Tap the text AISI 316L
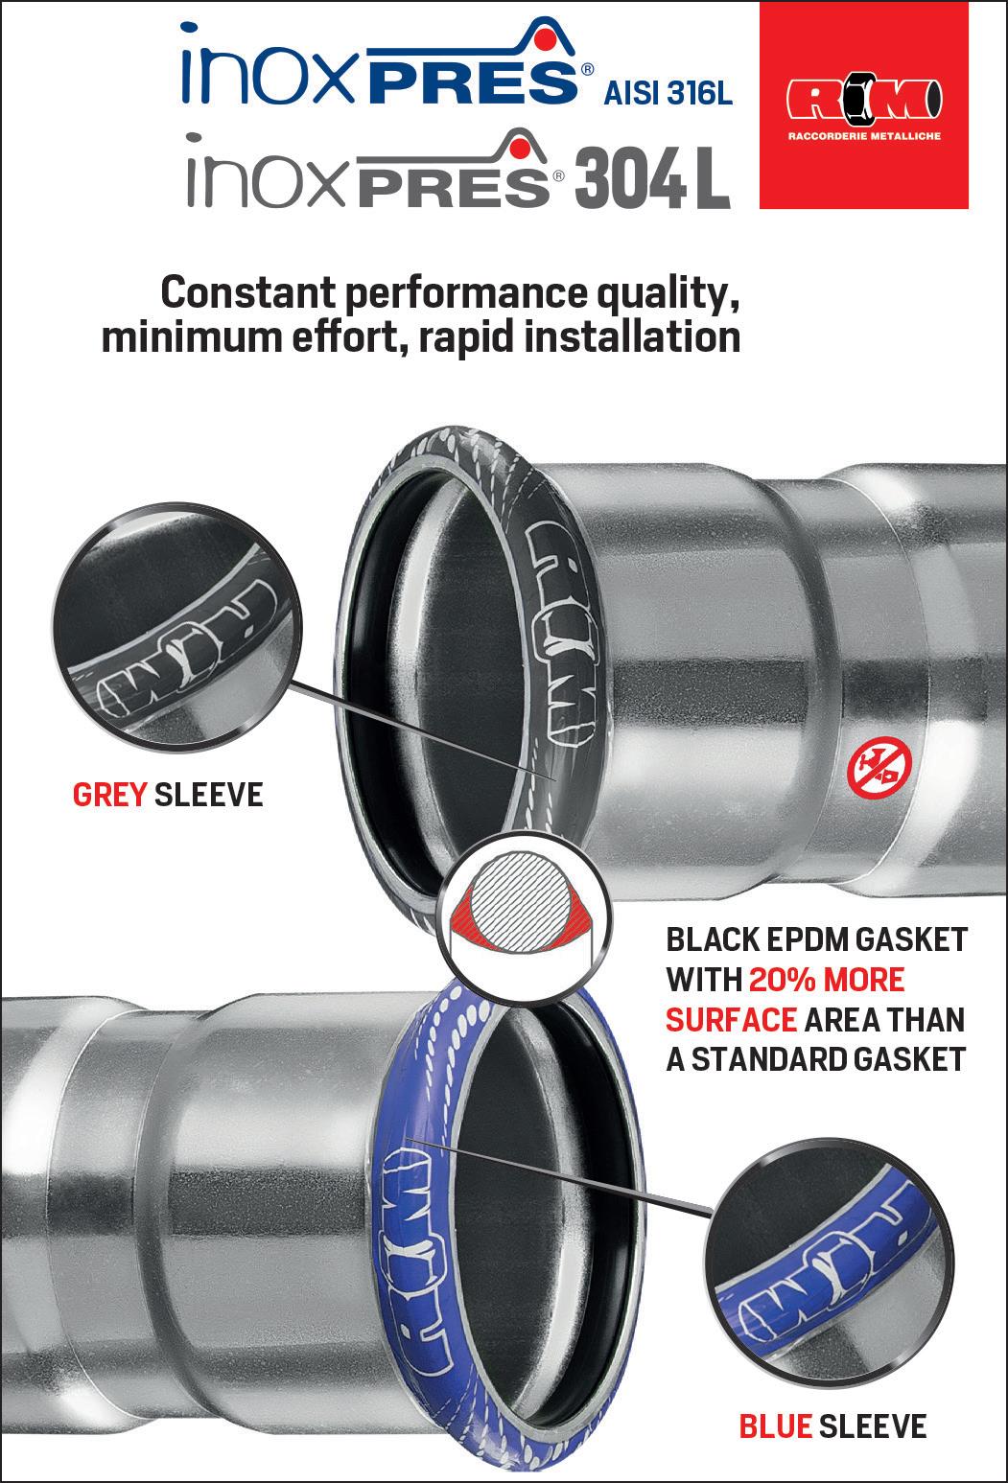coord(668,95)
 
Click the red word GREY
coord(108,795)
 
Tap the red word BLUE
coord(774,1426)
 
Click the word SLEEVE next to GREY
coord(208,795)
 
